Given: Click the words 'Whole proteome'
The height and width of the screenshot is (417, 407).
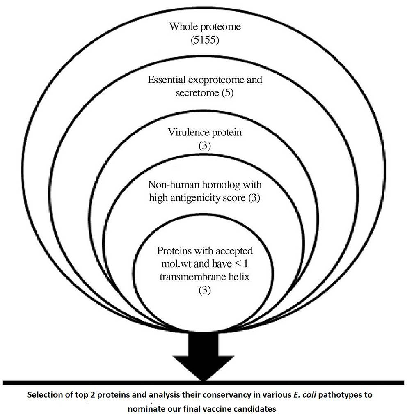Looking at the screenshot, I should [x=204, y=27].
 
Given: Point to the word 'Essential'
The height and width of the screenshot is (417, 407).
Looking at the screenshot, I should [x=166, y=80].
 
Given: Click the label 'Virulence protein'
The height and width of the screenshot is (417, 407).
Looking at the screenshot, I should [x=204, y=133].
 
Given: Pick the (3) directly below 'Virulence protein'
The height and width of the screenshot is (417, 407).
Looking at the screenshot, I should [x=204, y=146].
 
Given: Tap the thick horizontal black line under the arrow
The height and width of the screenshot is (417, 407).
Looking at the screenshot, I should [x=204, y=383].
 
